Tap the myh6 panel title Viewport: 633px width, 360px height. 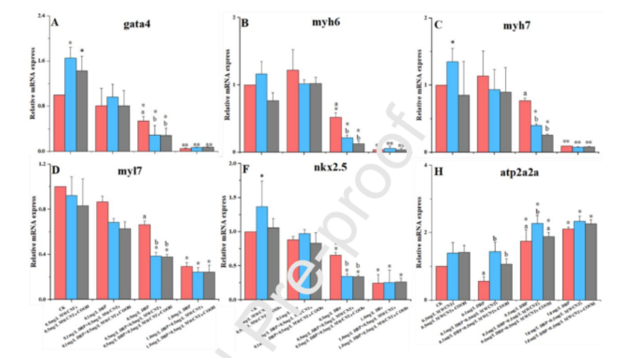(325, 24)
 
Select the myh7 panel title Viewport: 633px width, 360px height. (515, 26)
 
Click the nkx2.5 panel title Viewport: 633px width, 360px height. (326, 174)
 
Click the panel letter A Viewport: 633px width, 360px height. (54, 22)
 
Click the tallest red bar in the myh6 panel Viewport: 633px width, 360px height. (292, 110)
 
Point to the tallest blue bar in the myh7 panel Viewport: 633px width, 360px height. (452, 107)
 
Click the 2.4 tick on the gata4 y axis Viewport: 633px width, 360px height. (41, 15)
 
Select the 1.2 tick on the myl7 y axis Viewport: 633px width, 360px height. (41, 165)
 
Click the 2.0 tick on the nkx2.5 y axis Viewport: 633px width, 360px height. (231, 165)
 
